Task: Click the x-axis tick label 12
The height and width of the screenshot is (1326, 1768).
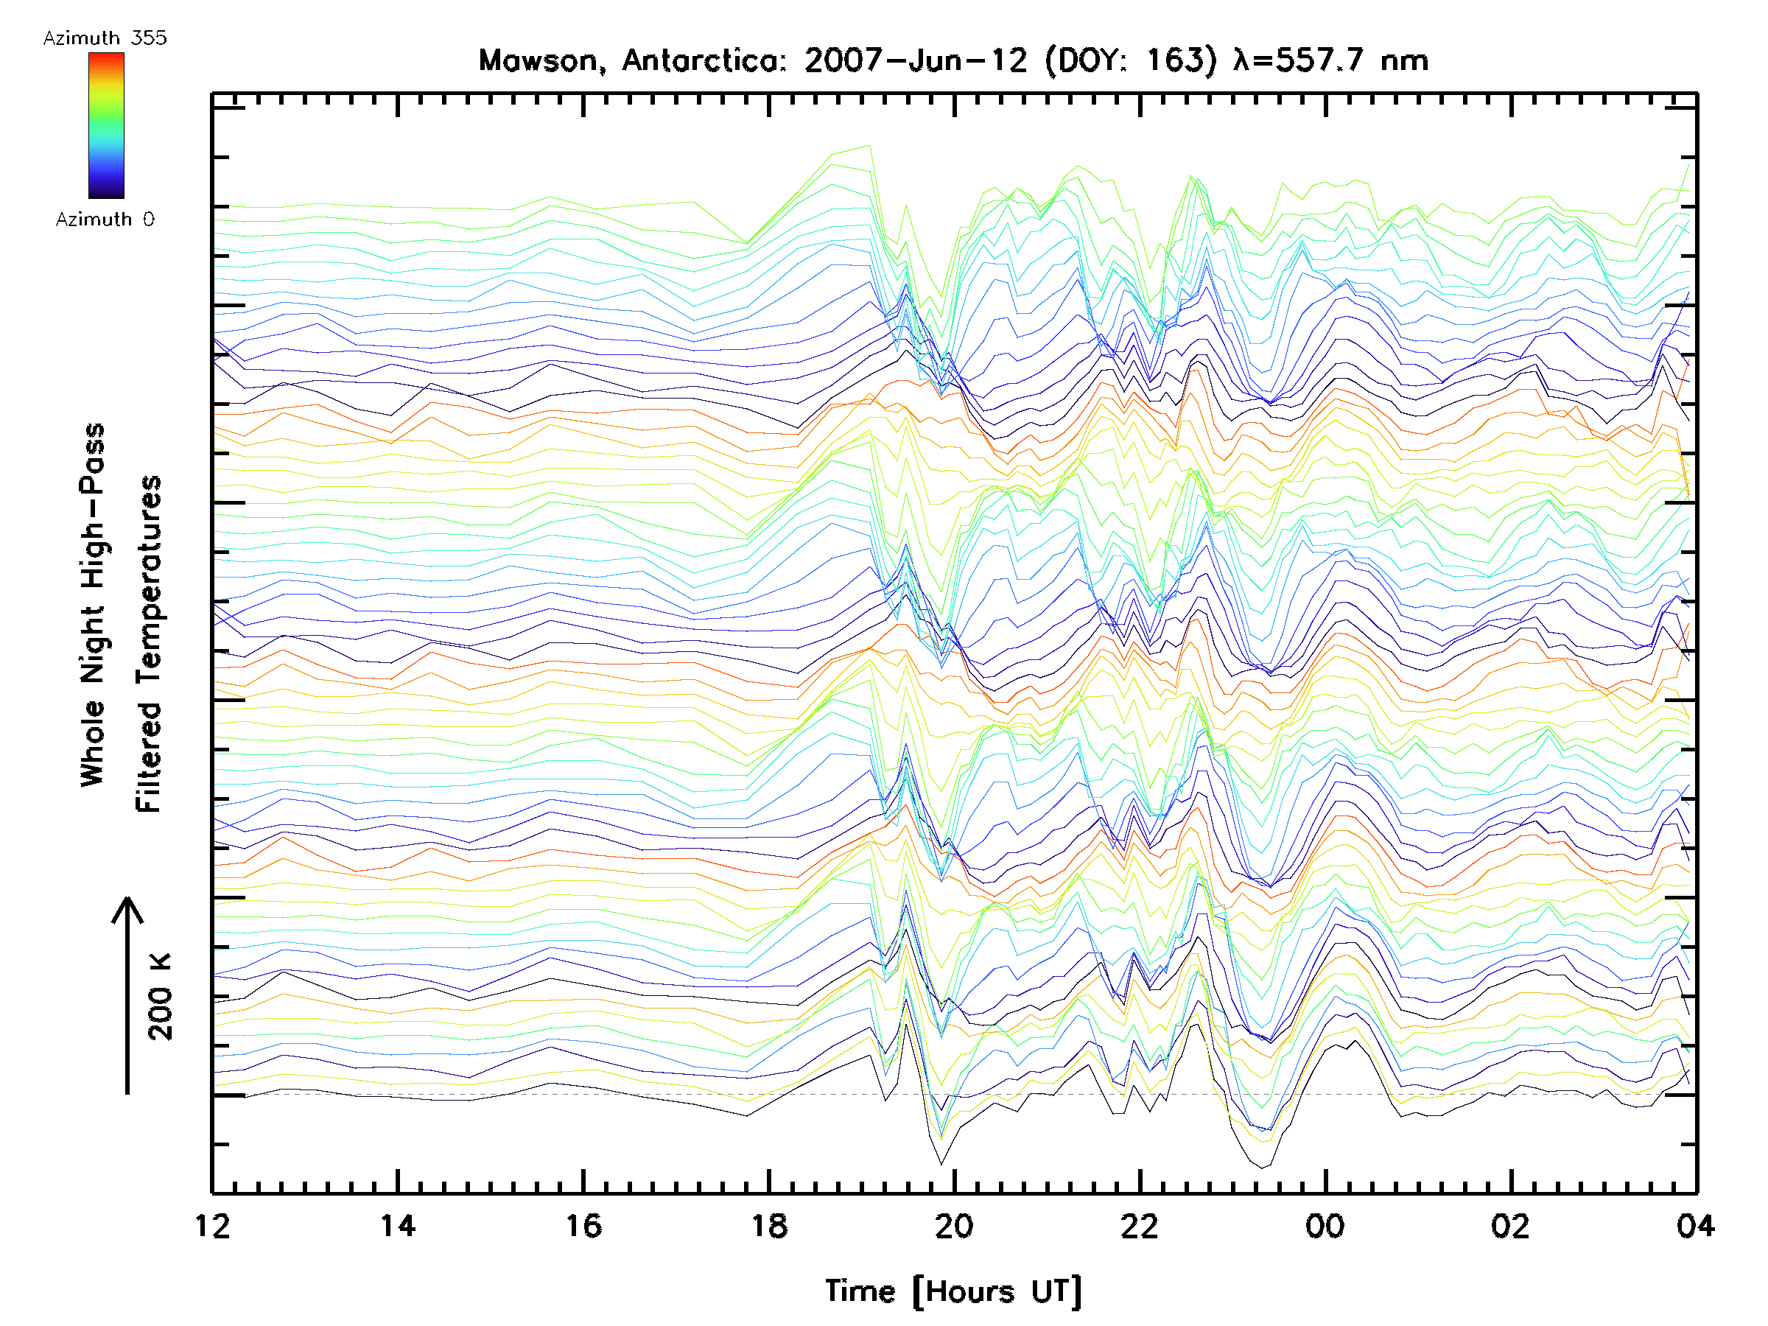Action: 213,1226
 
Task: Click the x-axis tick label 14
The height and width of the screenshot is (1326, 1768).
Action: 398,1226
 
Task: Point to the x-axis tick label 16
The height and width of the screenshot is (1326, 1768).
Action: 583,1226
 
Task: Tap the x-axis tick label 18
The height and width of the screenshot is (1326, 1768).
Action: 769,1226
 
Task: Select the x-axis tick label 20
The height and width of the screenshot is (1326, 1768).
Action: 954,1226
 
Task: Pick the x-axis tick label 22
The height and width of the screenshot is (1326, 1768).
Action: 1140,1226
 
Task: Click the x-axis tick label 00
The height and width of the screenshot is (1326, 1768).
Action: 1325,1226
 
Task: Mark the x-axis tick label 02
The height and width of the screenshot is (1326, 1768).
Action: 1511,1226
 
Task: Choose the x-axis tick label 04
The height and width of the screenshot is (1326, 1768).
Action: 1695,1226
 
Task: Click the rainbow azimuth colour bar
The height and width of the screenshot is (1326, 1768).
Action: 106,125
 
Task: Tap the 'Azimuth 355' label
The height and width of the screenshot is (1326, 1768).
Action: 105,38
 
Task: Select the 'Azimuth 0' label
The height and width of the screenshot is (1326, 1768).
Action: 105,220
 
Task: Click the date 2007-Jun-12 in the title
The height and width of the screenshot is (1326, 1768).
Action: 915,60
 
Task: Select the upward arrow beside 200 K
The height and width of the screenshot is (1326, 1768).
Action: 127,995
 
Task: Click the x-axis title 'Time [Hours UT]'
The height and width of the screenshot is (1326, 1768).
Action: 953,1291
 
